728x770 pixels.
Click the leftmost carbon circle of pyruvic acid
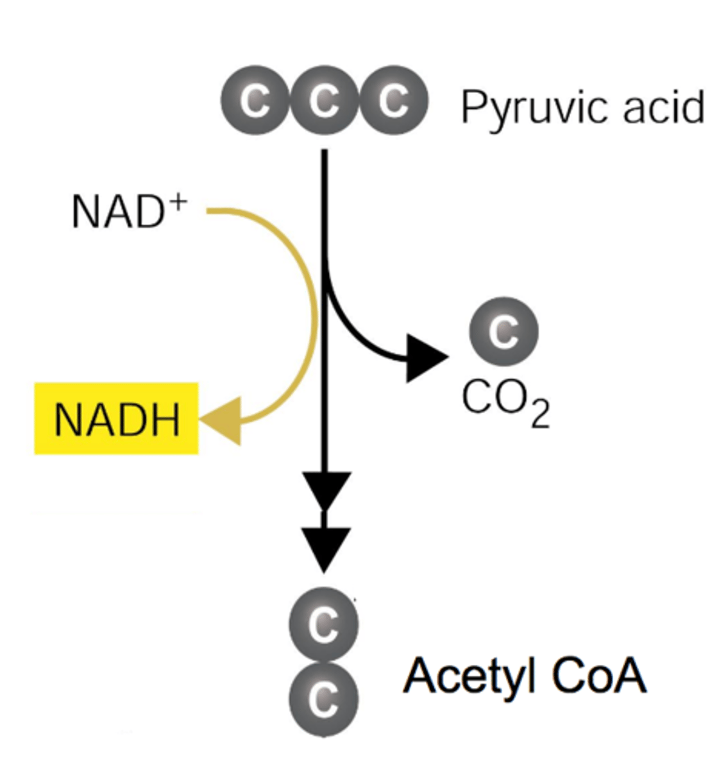[x=255, y=100]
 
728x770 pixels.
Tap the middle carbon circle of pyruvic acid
[x=325, y=100]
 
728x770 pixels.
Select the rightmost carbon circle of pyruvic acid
[x=393, y=100]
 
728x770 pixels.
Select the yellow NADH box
[x=116, y=419]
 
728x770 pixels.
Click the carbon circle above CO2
[x=504, y=331]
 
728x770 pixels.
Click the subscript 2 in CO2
[x=539, y=416]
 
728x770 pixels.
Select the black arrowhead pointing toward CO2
[x=425, y=357]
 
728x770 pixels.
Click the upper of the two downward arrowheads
[x=325, y=489]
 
